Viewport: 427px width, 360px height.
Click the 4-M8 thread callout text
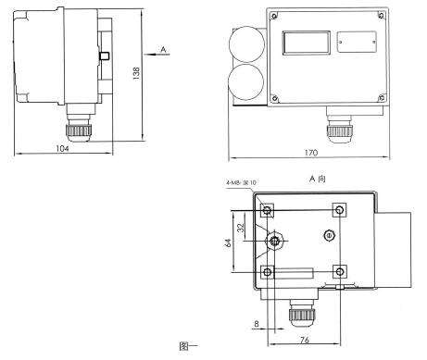[243, 196]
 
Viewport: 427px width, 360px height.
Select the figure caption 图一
[189, 349]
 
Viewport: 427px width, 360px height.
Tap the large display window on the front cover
[305, 44]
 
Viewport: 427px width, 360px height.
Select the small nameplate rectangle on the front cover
[356, 41]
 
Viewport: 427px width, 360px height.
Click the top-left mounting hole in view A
[268, 211]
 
